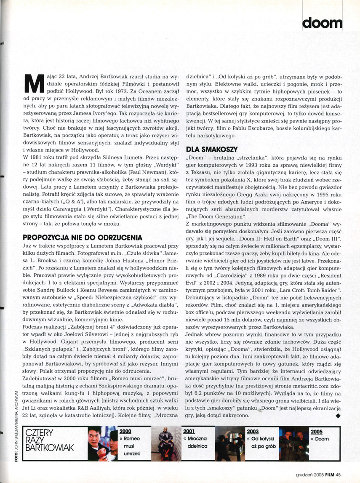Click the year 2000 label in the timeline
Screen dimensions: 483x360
(x=126, y=431)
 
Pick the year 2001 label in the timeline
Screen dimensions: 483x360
(x=188, y=431)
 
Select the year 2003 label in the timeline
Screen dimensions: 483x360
(x=253, y=431)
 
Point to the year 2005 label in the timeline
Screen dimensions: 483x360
(x=316, y=431)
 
